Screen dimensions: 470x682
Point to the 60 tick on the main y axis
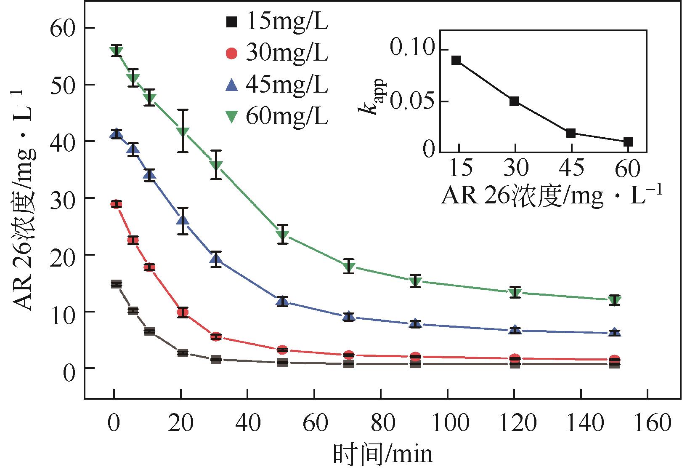coord(63,29)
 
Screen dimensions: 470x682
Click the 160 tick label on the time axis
coord(647,422)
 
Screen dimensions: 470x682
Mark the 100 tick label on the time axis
coord(447,422)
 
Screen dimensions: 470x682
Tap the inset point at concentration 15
coord(456,60)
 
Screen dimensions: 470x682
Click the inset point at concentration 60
coord(628,142)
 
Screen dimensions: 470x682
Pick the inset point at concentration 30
coord(514,101)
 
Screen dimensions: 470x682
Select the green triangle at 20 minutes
coord(182,132)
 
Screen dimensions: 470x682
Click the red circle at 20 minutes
coord(183,312)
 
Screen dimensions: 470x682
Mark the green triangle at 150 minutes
coord(615,300)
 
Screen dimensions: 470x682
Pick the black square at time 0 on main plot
coord(117,284)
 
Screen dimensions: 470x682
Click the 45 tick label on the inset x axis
coord(571,168)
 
